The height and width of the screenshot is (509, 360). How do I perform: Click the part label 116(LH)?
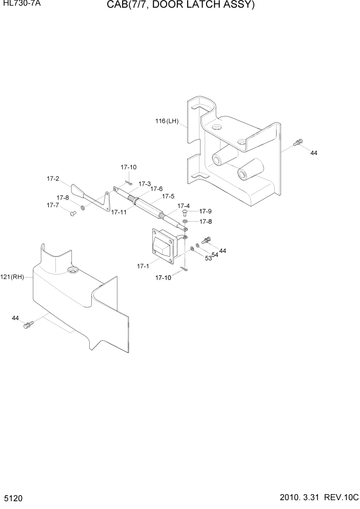click(x=167, y=122)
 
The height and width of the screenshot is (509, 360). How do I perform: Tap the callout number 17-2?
click(x=53, y=179)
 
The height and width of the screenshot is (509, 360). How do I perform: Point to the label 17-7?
click(x=53, y=205)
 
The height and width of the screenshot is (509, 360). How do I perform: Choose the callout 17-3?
click(x=145, y=184)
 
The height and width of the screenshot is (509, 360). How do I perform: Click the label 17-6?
click(x=156, y=189)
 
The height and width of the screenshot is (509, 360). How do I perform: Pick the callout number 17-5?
click(x=168, y=196)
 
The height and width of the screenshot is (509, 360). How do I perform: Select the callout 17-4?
click(x=184, y=206)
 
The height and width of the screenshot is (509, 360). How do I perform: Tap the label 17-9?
click(x=205, y=211)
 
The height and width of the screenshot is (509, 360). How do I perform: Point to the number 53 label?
click(x=208, y=259)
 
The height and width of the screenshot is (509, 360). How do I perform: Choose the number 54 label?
click(x=215, y=254)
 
